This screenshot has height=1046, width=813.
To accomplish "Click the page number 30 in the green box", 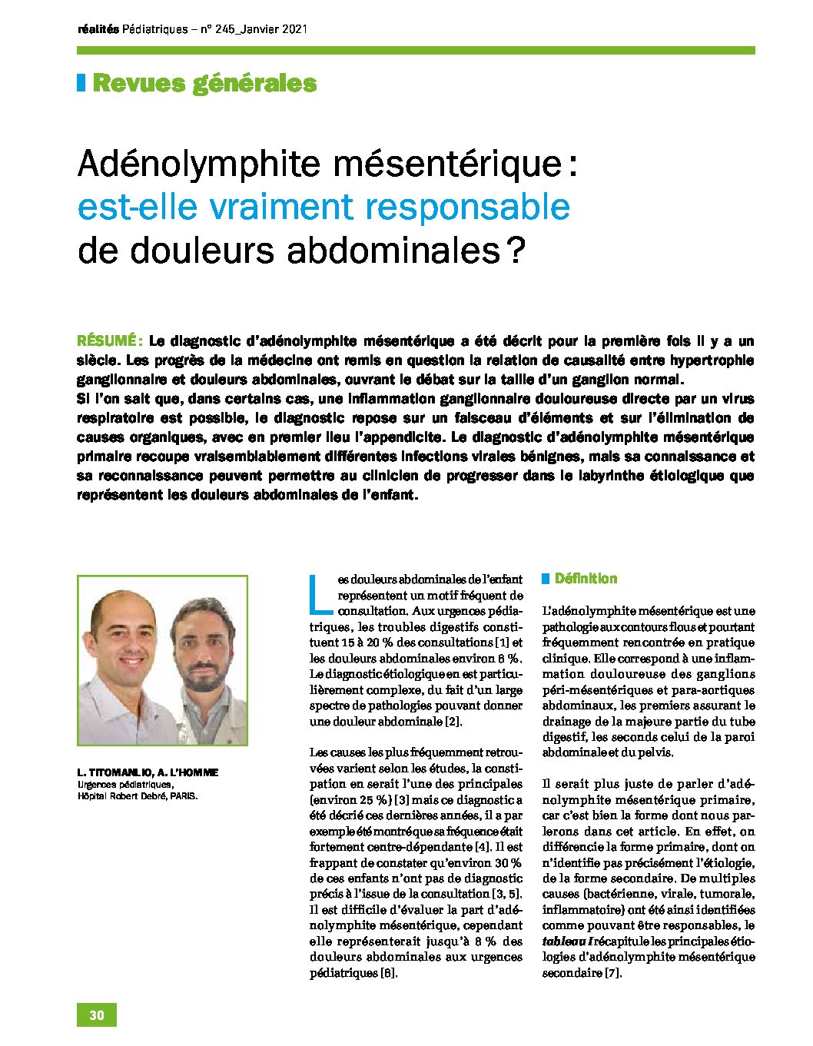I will point(97,1014).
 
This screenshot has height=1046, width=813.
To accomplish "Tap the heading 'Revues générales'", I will point(204,83).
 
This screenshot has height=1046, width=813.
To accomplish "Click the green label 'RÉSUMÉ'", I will point(108,340).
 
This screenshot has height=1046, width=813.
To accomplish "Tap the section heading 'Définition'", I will point(586,579).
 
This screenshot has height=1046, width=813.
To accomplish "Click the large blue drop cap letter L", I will point(322,596).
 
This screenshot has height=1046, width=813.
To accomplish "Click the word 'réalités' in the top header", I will point(98,29).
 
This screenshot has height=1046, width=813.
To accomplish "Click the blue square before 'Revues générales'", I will point(81,83).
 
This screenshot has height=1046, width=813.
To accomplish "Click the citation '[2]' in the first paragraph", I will point(453,722).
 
